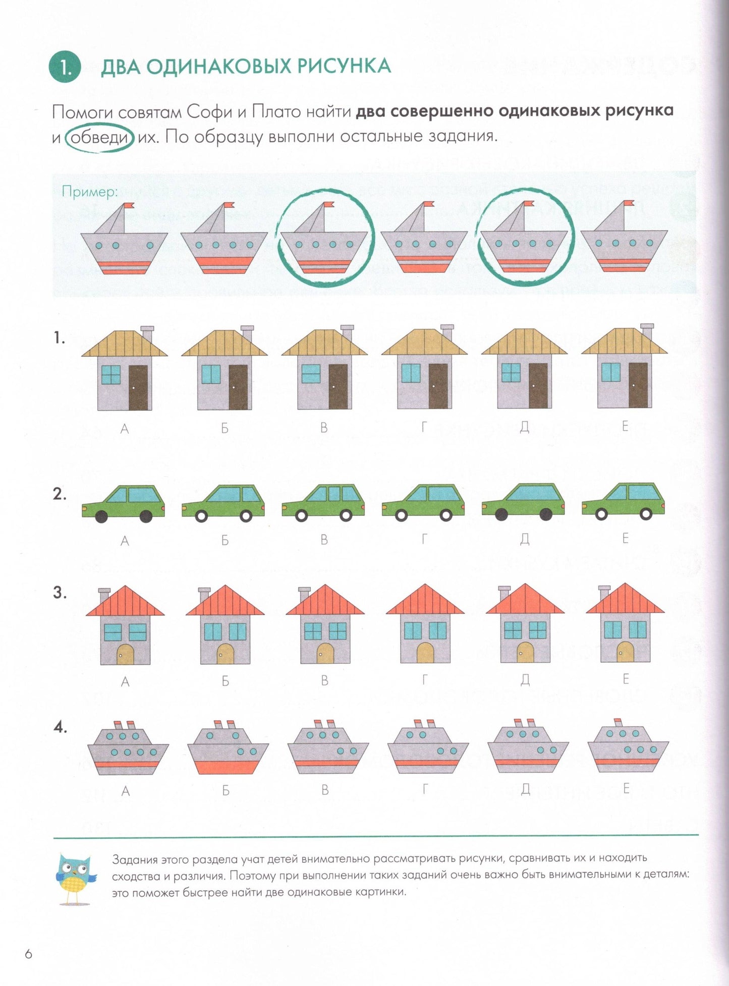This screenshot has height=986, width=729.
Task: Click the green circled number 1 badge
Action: coord(65,68)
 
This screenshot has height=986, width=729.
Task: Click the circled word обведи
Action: coord(99,137)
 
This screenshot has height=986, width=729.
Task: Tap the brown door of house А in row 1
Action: coord(138,387)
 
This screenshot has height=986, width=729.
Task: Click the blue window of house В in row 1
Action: coord(311,373)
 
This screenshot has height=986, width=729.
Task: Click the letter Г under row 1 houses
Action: coord(424,428)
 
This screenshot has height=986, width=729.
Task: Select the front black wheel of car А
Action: coord(101,516)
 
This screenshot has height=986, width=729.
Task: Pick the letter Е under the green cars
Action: coord(625,539)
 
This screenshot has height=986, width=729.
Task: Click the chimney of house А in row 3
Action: coord(104,595)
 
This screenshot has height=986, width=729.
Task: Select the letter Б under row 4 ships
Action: coord(226,790)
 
